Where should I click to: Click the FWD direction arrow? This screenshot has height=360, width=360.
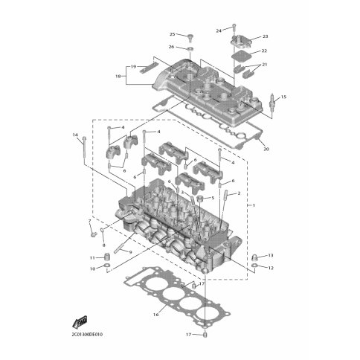[80, 321]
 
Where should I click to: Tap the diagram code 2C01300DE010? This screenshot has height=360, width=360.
[87, 335]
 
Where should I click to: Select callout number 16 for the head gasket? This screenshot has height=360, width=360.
[155, 315]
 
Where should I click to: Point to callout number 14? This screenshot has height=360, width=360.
[75, 135]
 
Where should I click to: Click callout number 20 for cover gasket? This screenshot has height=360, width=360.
[266, 150]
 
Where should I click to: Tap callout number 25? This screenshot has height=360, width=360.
[172, 34]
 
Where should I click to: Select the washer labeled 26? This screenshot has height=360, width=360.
[190, 48]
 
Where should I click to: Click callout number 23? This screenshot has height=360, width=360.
[266, 36]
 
